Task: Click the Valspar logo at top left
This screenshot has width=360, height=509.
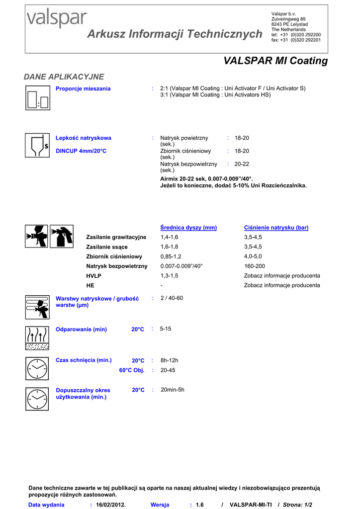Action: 56,20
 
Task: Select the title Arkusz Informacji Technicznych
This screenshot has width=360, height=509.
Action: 175,34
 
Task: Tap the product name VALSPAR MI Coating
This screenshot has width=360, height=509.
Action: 275,61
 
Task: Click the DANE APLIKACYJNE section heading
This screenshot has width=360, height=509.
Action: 64,77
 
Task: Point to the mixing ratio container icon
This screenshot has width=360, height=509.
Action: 38,97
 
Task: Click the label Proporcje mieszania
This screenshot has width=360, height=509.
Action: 83,88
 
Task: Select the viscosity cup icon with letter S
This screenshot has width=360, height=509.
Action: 38,145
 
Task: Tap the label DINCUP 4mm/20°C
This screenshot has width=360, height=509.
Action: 81,151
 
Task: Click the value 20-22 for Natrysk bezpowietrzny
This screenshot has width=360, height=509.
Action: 242,164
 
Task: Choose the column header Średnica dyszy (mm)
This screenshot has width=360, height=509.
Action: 188,228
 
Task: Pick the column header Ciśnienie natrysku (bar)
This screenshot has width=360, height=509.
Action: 276,228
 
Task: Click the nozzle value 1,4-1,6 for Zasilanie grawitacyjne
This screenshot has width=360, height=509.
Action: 169,237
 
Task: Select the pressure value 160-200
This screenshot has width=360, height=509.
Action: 254,266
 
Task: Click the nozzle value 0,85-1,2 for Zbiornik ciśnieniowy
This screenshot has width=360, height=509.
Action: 171,256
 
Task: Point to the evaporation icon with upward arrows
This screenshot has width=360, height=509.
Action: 37,338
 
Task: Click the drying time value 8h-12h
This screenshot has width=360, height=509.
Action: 169,360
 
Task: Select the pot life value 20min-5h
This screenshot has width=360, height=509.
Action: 173,390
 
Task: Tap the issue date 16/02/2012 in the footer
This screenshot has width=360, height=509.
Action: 111,505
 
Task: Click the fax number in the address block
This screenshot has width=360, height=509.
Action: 296,40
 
